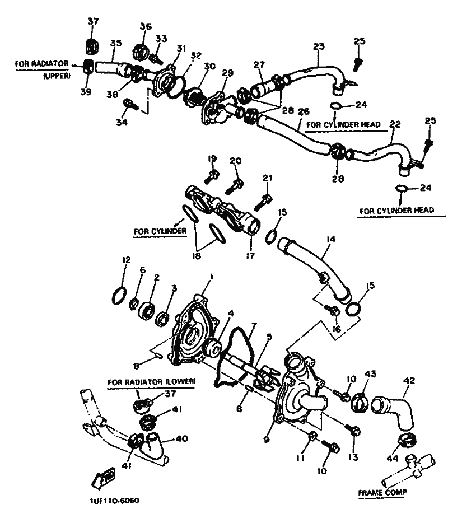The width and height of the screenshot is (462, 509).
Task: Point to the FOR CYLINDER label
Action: (x=160, y=231)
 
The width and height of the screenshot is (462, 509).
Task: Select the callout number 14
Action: (x=330, y=240)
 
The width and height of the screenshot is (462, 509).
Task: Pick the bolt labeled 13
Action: (x=354, y=430)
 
